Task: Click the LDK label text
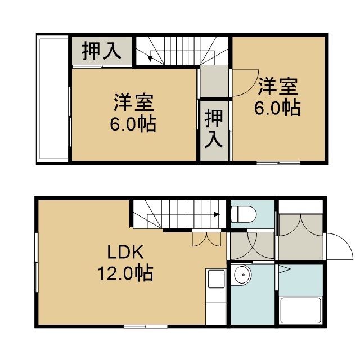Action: [125, 252]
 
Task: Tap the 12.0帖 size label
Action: [125, 273]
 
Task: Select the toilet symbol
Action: [244, 214]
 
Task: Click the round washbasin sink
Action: [241, 275]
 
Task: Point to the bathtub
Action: [300, 310]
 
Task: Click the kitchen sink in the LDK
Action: [216, 279]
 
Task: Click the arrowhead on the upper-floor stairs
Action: [150, 58]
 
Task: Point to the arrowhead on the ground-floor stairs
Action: [217, 214]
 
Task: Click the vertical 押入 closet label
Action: [214, 128]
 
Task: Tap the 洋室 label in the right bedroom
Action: [278, 87]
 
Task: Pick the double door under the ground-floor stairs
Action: [206, 239]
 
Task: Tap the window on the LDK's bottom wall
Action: [146, 326]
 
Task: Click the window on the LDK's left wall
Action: [36, 262]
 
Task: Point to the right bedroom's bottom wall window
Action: [278, 163]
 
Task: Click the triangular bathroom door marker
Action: [285, 269]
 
